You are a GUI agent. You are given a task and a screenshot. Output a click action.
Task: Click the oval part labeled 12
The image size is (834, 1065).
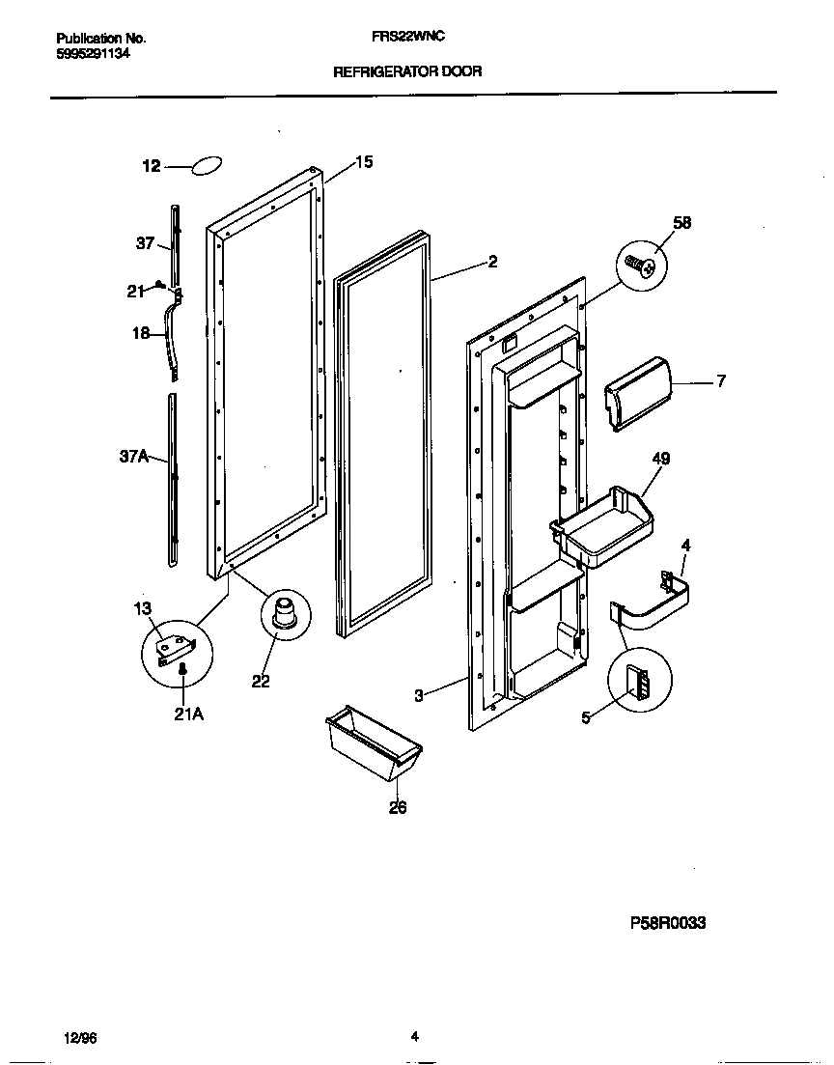point(208,166)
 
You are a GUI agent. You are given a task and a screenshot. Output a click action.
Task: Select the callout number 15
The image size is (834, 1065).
point(363,162)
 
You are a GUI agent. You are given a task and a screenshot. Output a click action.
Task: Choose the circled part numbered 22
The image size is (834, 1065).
point(285,614)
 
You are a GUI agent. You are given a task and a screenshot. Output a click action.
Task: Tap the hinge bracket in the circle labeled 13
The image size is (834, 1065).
point(178,646)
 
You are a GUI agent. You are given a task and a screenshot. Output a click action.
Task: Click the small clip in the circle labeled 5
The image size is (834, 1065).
point(638,683)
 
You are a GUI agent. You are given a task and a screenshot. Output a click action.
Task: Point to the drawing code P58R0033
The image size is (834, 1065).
point(668,923)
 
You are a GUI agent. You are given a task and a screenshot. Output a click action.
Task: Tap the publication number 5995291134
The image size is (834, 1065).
point(87,54)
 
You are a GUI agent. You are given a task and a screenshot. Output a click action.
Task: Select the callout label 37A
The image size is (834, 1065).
point(133,457)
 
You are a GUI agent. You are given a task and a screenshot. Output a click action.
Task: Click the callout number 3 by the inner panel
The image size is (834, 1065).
point(419,695)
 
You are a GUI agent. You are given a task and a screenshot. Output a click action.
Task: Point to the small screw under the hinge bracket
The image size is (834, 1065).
point(182,671)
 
